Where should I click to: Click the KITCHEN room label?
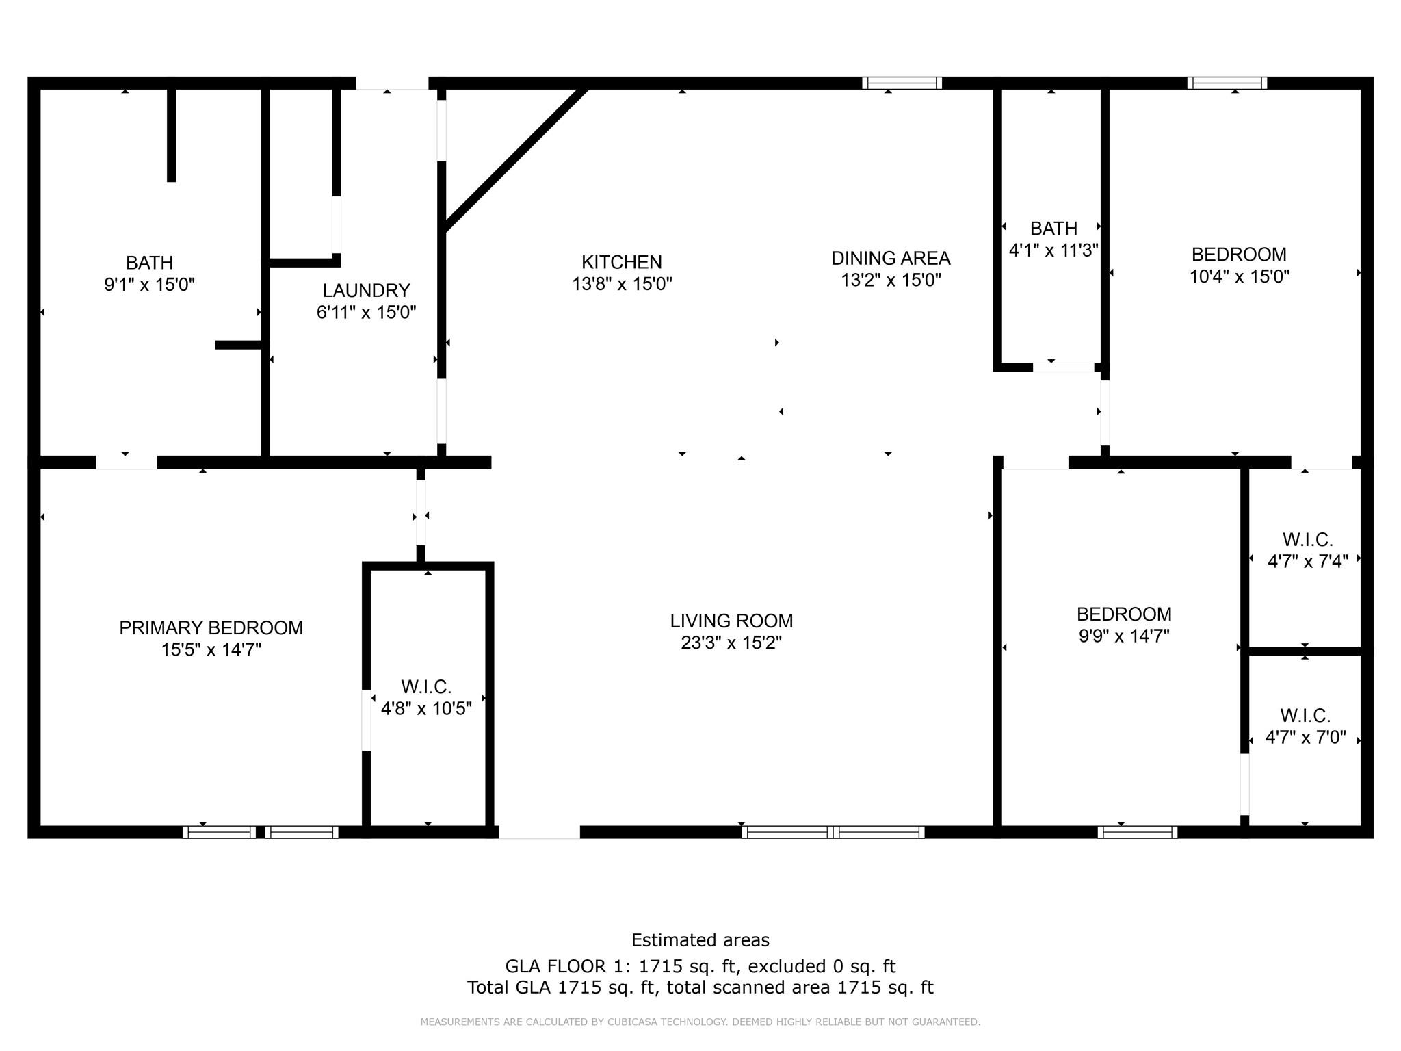(622, 262)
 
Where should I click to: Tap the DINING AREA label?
(891, 259)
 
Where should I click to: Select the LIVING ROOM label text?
(731, 621)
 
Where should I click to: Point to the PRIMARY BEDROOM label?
(211, 627)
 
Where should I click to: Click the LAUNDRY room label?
(366, 290)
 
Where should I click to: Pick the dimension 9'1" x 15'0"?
(149, 285)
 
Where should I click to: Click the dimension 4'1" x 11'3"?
(1053, 250)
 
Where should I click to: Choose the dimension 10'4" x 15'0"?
(1239, 276)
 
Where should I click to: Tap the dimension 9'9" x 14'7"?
(1124, 636)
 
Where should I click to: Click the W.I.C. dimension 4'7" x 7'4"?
(1307, 561)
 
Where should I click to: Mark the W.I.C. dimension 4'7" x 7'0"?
(1305, 738)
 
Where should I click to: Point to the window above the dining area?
(902, 83)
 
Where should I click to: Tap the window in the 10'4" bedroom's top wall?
(1227, 83)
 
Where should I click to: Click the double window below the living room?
(833, 832)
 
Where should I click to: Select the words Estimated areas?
(700, 940)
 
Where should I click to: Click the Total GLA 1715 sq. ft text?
(700, 987)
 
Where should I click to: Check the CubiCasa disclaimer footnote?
(700, 1022)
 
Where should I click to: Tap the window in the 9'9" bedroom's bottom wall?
(1137, 832)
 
